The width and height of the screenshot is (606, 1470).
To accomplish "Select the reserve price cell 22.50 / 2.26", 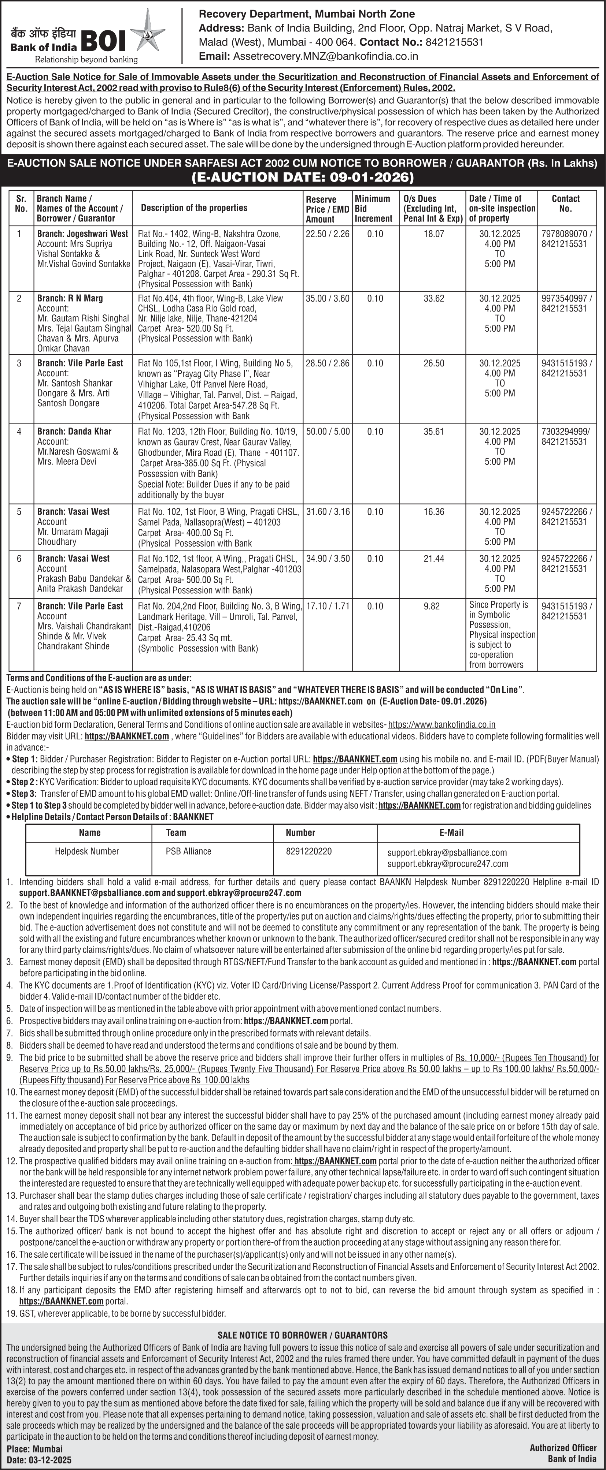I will (327, 234).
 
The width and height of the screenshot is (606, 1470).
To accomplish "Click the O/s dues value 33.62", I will (433, 298).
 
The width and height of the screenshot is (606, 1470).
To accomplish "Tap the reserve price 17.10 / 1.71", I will (327, 606).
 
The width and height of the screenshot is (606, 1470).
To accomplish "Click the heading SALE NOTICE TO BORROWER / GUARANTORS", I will (303, 1335).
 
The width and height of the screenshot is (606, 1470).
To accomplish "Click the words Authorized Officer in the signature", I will (563, 1448).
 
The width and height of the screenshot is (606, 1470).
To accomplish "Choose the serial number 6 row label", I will (19, 559).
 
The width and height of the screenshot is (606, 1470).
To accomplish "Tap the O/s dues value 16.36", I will (433, 512).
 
